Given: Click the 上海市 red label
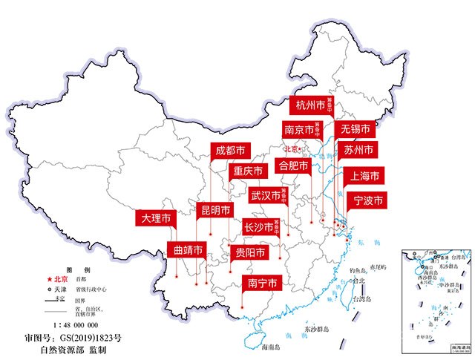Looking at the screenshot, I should [364, 176].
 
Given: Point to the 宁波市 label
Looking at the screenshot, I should [367, 200].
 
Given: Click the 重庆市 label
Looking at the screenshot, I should [247, 171].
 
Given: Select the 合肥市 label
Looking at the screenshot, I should [292, 165].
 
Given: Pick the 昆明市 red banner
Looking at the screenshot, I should [215, 210].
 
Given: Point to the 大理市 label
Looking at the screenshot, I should [155, 219].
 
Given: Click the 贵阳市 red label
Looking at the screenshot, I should [246, 253].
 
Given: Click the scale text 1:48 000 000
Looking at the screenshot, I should [76, 324].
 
